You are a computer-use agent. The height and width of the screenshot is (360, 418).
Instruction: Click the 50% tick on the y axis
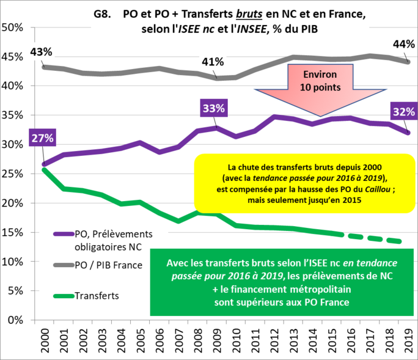click(12, 28)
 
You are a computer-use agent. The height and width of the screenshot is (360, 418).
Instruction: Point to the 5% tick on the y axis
click(15, 291)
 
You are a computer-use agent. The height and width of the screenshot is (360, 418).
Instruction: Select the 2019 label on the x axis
click(408, 339)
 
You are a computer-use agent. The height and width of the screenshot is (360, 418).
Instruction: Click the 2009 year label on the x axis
click(217, 339)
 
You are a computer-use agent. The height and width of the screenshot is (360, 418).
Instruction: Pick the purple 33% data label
click(214, 109)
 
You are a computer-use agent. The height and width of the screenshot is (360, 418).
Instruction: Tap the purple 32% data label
click(404, 112)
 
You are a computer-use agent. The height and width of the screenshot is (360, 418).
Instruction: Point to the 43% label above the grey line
click(40, 53)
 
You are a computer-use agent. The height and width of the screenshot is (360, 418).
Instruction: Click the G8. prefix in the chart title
click(103, 13)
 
